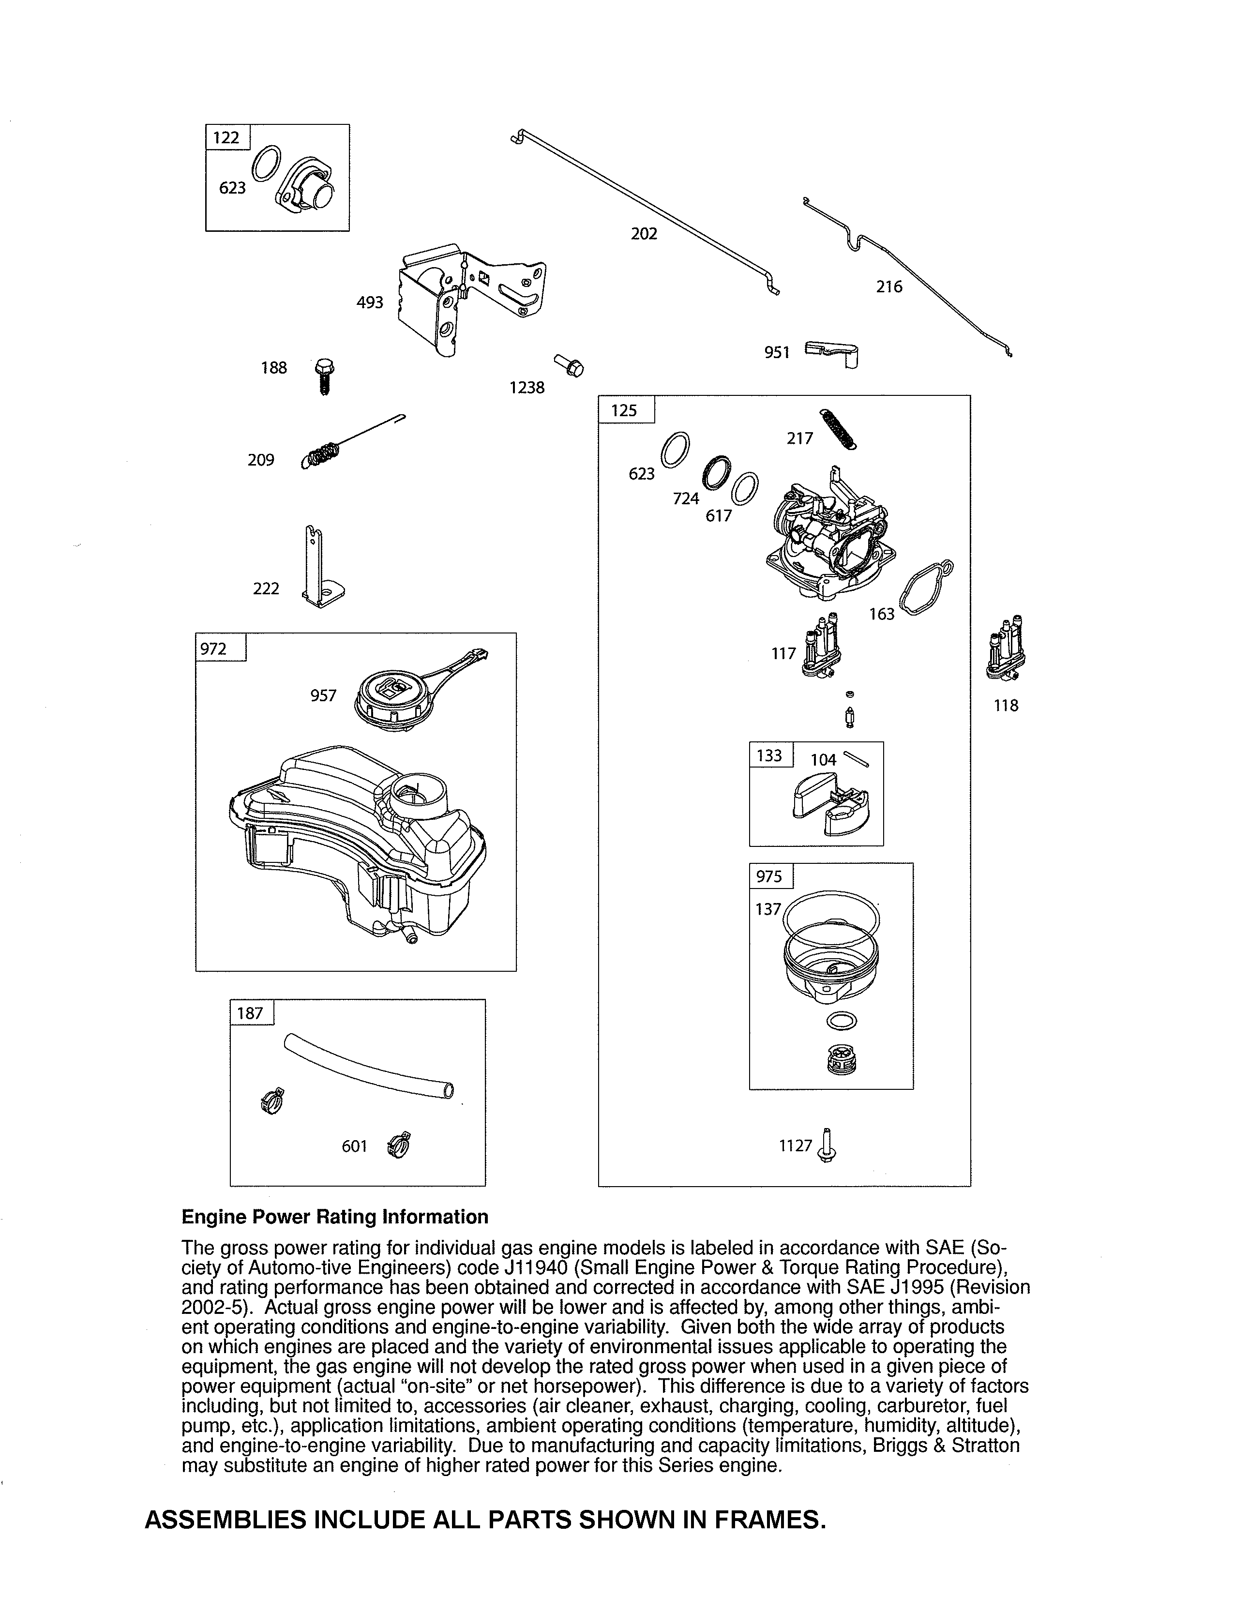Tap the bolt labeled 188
[x=324, y=377]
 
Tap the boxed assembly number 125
[x=624, y=410]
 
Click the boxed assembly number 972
[x=213, y=648]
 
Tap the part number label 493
[x=370, y=302]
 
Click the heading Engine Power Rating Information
[x=335, y=1217]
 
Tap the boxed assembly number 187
[x=250, y=1013]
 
